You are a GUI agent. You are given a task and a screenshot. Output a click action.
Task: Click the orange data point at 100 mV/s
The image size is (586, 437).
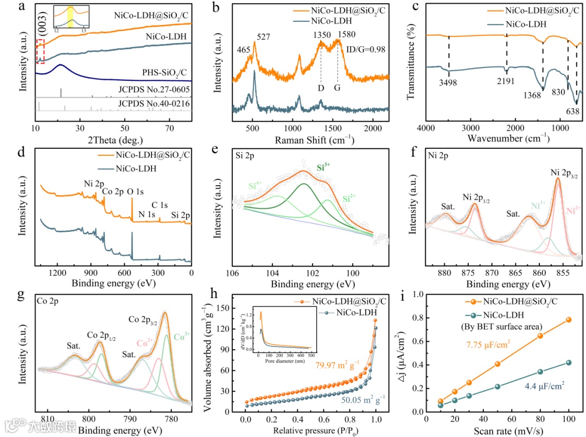tap(568, 320)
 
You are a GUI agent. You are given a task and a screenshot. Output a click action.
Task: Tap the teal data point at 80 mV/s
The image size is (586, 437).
tap(540, 372)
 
